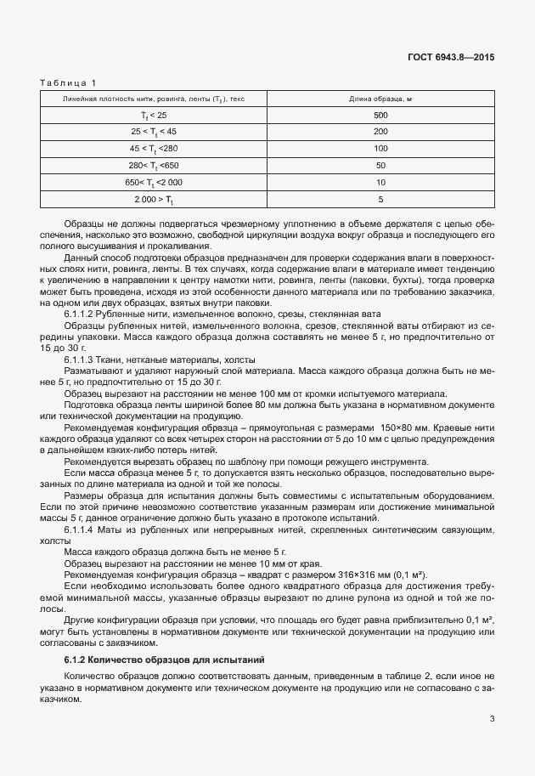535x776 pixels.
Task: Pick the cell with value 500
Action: tap(380, 114)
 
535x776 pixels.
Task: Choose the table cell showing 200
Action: tap(380, 131)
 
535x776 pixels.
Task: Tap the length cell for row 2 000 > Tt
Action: tap(380, 199)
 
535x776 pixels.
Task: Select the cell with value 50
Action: tap(380, 165)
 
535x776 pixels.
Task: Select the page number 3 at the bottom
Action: tap(492, 719)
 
